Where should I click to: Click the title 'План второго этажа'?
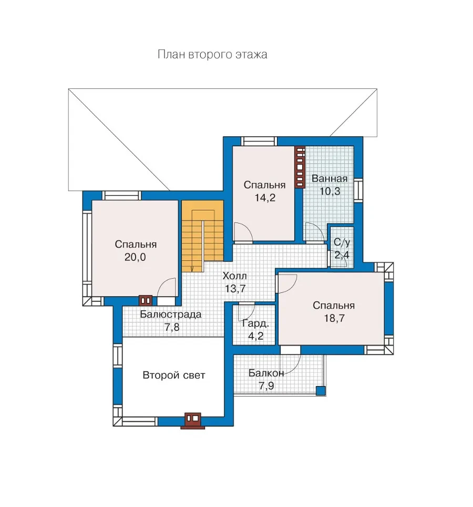pos(212,54)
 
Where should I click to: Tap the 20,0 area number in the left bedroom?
pos(135,257)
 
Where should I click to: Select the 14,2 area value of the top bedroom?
pos(265,198)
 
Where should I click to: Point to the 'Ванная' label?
pos(330,178)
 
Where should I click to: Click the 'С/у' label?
pos(342,242)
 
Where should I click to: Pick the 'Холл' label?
pos(234,276)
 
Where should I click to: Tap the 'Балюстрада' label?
pos(171,315)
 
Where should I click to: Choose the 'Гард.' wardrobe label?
pos(255,323)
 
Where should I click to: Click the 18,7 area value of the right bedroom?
pos(334,318)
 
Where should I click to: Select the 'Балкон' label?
pos(266,373)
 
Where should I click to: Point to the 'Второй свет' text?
pos(174,375)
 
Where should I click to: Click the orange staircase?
pos(202,236)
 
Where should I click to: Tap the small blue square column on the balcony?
pos(321,390)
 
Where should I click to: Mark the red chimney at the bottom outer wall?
pos(193,421)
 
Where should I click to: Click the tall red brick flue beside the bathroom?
pos(300,167)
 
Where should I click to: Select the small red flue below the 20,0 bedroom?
pos(146,300)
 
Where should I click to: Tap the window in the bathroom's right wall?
pos(358,190)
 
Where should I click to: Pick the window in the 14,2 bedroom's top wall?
pos(259,141)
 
